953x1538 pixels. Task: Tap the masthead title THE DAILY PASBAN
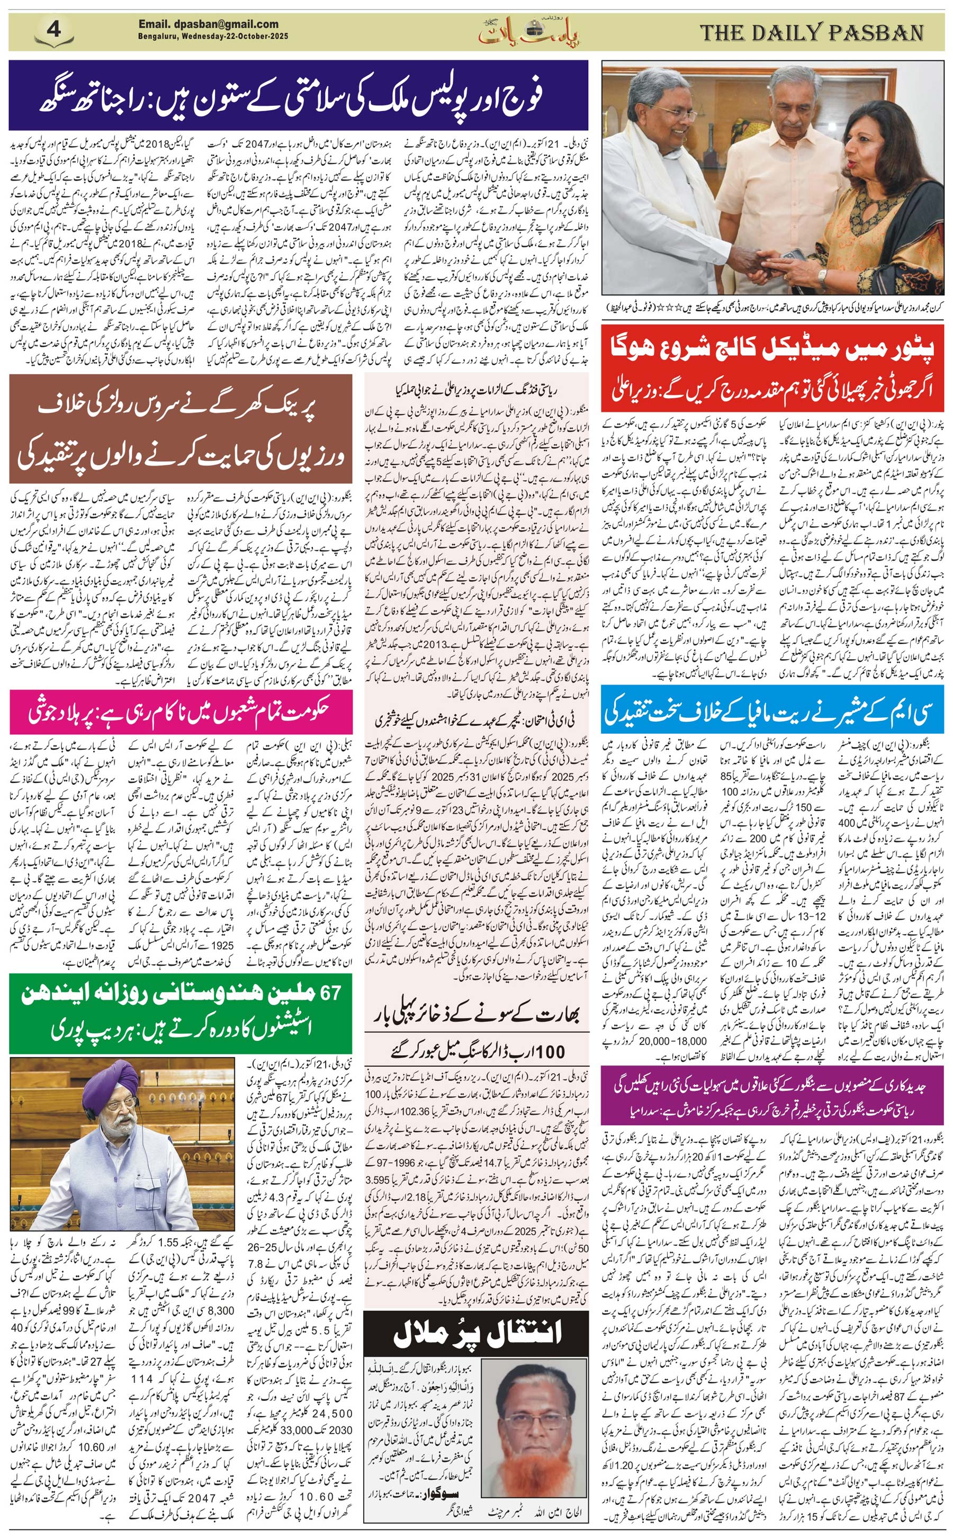812,32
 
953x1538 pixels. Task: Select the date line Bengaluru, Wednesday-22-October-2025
213,37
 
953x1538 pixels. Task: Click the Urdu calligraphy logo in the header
528,32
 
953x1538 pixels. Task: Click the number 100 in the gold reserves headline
552,1051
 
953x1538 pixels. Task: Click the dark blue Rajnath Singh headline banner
298,95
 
